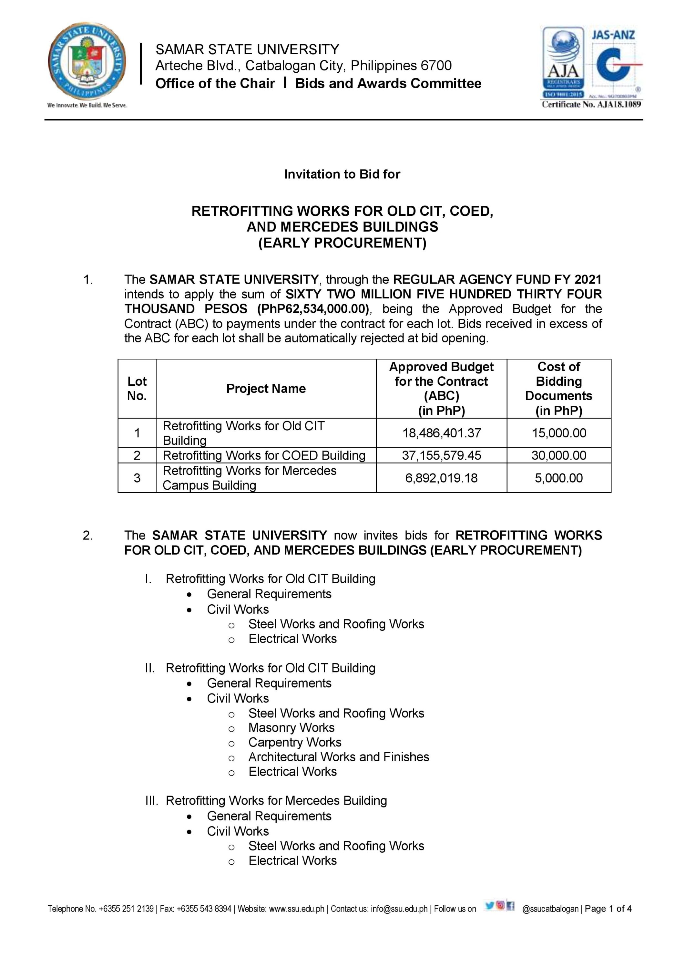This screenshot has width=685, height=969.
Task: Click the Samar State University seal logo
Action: pos(87,62)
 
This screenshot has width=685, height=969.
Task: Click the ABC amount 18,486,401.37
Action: pos(441,433)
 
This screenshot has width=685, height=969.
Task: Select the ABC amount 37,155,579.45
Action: pos(441,455)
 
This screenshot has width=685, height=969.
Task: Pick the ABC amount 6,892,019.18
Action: pos(441,478)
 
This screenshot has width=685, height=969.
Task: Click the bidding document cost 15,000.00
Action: pos(558,433)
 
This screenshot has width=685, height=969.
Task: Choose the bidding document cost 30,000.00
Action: pos(558,455)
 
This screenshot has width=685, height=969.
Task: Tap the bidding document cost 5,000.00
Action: pos(558,478)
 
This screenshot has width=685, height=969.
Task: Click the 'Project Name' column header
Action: pos(266,388)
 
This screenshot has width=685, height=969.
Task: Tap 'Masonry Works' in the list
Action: pos(291,728)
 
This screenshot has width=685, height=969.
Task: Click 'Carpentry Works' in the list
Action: pos(294,742)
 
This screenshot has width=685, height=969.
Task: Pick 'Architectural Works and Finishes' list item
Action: pos(338,757)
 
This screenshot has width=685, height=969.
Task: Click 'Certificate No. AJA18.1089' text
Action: pos(591,104)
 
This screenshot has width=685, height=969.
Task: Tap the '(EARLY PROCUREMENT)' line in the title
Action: pos(342,243)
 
